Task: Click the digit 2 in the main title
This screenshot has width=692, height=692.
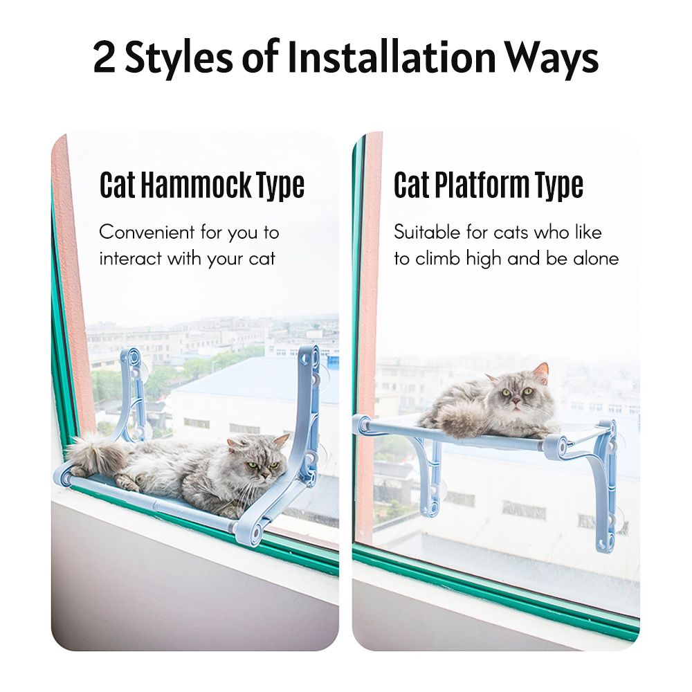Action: coord(104,58)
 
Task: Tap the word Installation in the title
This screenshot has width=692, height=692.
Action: coord(392,57)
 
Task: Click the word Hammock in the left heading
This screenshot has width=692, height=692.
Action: coord(194,185)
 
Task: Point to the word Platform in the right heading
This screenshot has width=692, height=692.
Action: coord(482,185)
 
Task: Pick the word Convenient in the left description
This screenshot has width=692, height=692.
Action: coord(147,232)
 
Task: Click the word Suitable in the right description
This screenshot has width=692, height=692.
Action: coord(427,232)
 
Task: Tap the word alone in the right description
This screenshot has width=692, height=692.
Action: coord(596,259)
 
